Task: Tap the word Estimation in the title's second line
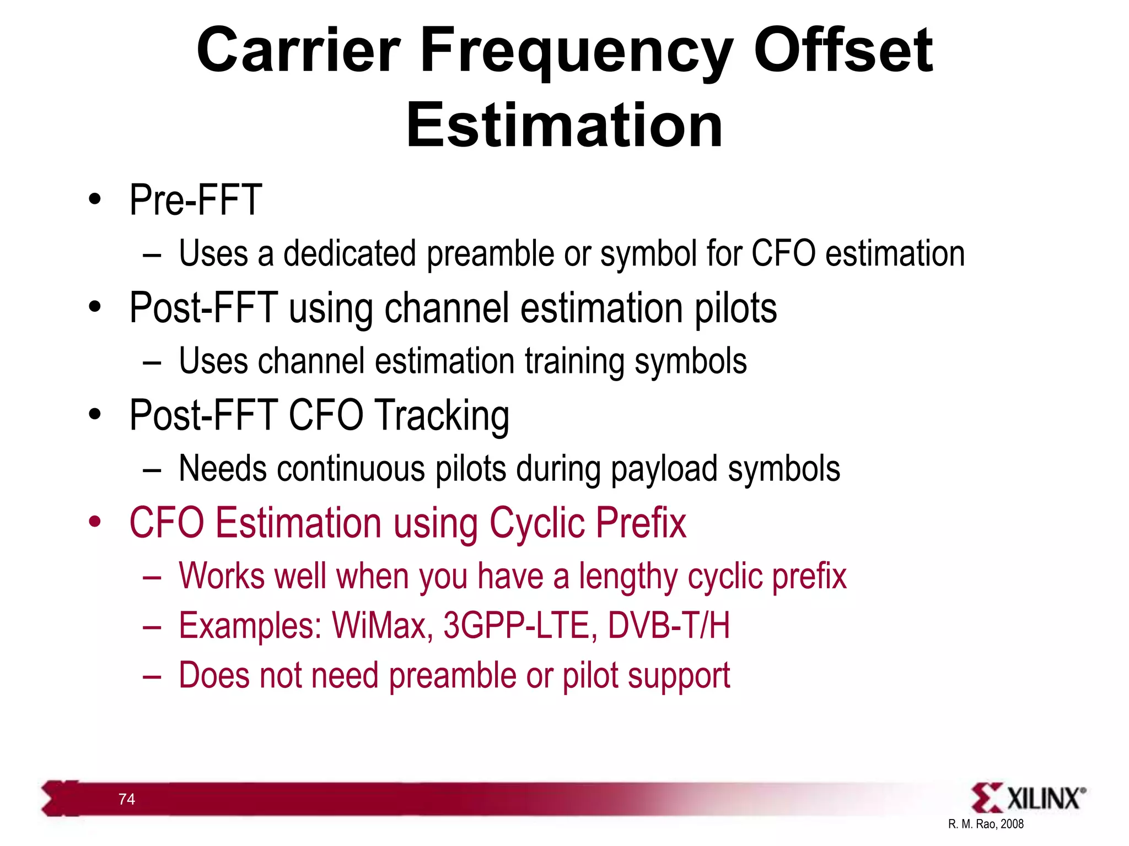pos(564,127)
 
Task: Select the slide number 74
pos(127,799)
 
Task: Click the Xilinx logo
pos(1028,798)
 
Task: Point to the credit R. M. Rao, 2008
pos(986,824)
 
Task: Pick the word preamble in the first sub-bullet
pos(490,254)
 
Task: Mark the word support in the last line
pos(679,676)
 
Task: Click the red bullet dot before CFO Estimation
pos(95,522)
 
